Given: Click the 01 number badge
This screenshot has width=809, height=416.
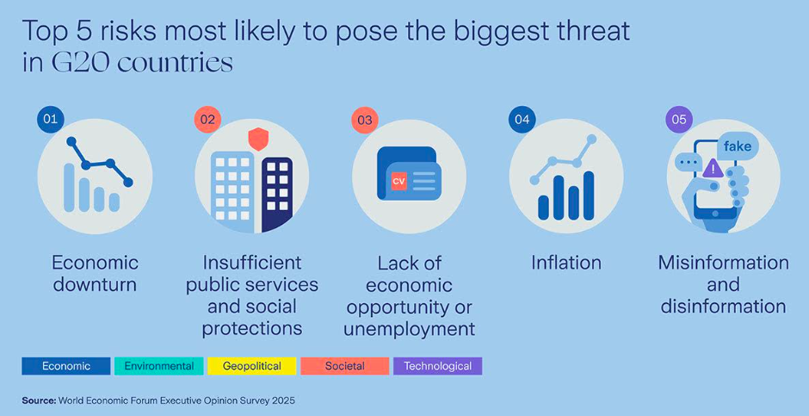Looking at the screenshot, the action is point(50,120).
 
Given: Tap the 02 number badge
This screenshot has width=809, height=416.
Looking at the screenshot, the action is point(207,120).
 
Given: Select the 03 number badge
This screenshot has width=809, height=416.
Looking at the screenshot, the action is point(365,121).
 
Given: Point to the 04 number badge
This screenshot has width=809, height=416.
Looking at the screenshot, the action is point(522,120).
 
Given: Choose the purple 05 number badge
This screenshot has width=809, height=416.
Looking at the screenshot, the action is point(680,120).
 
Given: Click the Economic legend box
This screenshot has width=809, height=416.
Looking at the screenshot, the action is point(66,366).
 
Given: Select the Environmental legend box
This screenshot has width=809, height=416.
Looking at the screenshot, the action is point(159,366).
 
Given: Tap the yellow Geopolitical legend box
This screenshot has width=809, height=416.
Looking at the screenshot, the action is point(252,366).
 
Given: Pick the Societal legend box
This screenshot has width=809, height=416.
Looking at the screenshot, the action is point(344,366).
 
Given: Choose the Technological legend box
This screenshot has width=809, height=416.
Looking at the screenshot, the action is point(437,366).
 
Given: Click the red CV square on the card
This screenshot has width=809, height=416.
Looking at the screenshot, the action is point(398,181).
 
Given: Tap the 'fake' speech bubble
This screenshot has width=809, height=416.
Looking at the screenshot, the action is point(738,146).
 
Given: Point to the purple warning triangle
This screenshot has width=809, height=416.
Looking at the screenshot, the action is point(713,167).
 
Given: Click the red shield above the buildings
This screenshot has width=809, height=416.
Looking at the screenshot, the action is point(257,140).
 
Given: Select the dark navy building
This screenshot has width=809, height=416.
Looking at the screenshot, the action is point(277,195).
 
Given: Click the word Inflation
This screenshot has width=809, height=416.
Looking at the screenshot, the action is point(566,263).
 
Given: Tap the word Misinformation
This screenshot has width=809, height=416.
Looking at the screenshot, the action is point(723,263).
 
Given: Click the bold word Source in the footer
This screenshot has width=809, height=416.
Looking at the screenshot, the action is point(40,400).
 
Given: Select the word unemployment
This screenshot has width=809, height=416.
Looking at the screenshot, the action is point(409,329).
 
